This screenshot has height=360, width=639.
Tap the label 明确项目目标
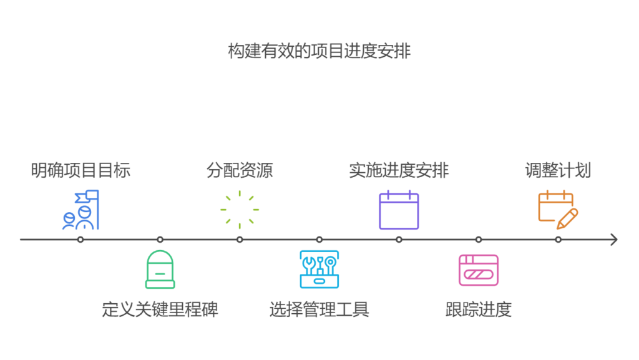point(80,170)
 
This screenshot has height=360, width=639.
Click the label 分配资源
point(240,170)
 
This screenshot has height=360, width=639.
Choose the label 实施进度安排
point(399,170)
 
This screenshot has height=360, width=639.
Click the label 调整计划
point(558,170)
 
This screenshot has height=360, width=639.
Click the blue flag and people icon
point(80,210)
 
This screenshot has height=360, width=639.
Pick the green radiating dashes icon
point(240,210)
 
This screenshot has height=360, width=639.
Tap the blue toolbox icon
point(319,269)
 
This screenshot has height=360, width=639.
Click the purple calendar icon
point(399,210)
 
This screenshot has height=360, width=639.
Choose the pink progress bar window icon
point(479,270)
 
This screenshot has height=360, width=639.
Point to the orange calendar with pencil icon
point(558,210)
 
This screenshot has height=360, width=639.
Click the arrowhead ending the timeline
point(614,240)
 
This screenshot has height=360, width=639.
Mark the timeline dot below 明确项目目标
point(80,240)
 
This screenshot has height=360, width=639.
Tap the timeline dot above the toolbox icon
point(319,240)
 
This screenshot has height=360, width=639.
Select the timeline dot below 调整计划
point(558,240)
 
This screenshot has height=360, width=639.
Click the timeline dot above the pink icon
point(479,240)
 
